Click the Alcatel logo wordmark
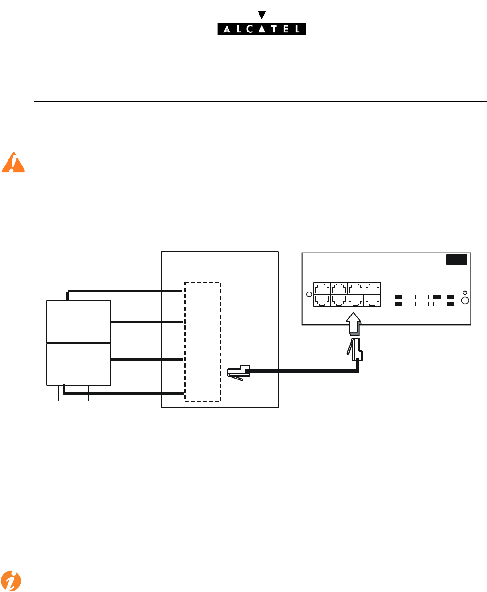[x=261, y=29]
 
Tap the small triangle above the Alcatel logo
[x=262, y=15]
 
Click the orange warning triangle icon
[x=13, y=163]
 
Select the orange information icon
[x=10, y=581]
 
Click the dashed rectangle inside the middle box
[x=202, y=342]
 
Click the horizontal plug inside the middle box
[x=239, y=372]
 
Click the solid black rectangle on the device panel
[x=456, y=260]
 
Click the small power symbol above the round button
[x=465, y=292]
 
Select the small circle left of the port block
[x=309, y=295]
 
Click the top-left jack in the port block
[x=322, y=289]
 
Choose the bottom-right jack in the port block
[x=372, y=300]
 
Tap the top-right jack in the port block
[x=372, y=289]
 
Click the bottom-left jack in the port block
[x=322, y=300]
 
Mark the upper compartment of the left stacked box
[x=79, y=322]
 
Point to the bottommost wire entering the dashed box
[x=124, y=393]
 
